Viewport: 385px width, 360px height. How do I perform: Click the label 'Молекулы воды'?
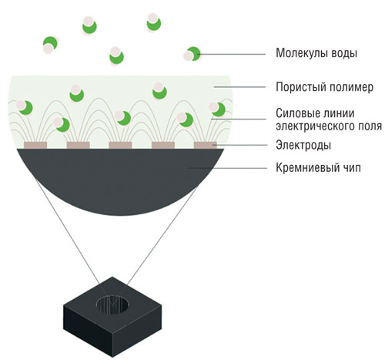pyautogui.click(x=316, y=53)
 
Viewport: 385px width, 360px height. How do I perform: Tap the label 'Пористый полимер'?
pyautogui.click(x=324, y=87)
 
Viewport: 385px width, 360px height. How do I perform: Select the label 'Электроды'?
pyautogui.click(x=303, y=145)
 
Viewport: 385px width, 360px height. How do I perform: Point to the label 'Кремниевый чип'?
pyautogui.click(x=318, y=168)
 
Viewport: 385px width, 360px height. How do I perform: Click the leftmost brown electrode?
pyautogui.click(x=35, y=145)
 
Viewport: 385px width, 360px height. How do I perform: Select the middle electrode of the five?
pyautogui.click(x=120, y=145)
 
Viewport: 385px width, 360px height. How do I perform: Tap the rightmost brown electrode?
pyautogui.click(x=206, y=145)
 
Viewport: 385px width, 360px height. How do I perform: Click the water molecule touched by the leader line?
pyautogui.click(x=192, y=54)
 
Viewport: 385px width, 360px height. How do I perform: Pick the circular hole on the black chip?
pyautogui.click(x=112, y=305)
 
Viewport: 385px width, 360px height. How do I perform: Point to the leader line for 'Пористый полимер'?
pyautogui.click(x=239, y=87)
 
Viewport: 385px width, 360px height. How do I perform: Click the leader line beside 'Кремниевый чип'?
pyautogui.click(x=227, y=168)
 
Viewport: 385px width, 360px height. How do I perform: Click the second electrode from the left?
pyautogui.click(x=78, y=145)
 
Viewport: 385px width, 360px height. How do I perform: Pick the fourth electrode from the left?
pyautogui.click(x=163, y=145)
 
